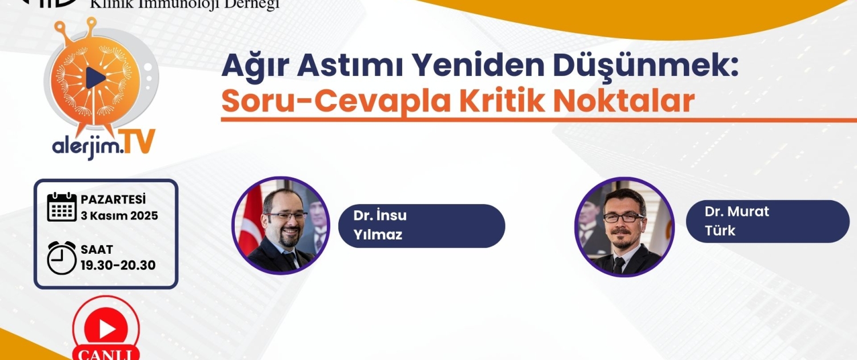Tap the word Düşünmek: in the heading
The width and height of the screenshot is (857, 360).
646,65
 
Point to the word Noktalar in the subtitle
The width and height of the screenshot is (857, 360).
624,101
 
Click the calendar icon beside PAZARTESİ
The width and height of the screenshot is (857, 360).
62,207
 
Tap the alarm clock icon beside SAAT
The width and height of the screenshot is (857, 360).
62,258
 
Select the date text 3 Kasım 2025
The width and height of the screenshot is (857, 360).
119,216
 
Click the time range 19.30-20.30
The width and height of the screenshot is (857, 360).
118,265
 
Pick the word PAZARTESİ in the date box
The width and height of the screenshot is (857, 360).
113,199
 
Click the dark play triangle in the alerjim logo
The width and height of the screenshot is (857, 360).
95,78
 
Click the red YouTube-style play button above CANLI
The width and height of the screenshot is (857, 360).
106,328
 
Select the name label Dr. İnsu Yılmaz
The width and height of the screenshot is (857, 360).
422,226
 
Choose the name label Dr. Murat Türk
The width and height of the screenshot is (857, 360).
768,221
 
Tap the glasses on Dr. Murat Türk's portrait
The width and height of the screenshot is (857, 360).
623,217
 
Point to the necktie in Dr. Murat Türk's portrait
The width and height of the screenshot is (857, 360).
619,265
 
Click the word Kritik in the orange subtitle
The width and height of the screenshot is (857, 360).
502,101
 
